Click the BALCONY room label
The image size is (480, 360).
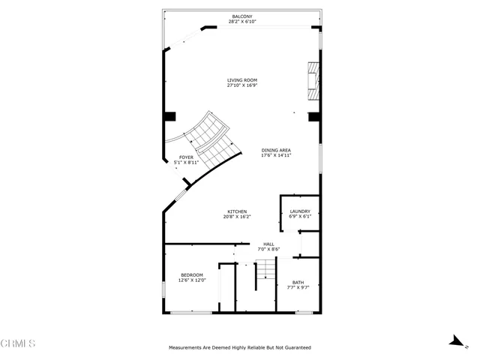[241, 16]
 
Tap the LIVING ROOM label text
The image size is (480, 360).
[241, 79]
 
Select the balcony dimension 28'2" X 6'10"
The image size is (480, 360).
[241, 22]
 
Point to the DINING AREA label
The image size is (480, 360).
[276, 150]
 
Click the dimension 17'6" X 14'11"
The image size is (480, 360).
[276, 156]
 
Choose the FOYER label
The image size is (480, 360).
[185, 157]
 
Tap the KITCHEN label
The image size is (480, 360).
[236, 211]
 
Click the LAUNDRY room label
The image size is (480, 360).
[300, 211]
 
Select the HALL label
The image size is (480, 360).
[268, 244]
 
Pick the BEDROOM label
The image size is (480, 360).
[192, 274]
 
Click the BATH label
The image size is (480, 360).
[298, 282]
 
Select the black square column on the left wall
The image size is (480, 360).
[170, 116]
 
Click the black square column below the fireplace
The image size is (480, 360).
[313, 116]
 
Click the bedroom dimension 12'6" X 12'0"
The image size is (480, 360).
[192, 280]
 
